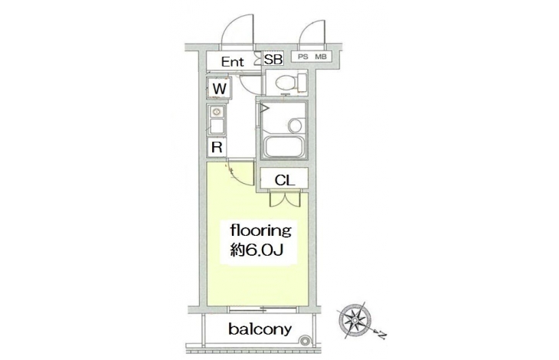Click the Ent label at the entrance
pyautogui.click(x=234, y=61)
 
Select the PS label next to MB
pyautogui.click(x=302, y=57)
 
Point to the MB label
pyautogui.click(x=322, y=57)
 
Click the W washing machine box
pyautogui.click(x=218, y=90)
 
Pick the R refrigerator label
pyautogui.click(x=217, y=148)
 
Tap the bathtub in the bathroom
pyautogui.click(x=283, y=143)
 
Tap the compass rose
pyautogui.click(x=355, y=319)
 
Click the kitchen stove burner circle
pyautogui.click(x=216, y=111)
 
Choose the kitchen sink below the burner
pyautogui.click(x=216, y=126)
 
